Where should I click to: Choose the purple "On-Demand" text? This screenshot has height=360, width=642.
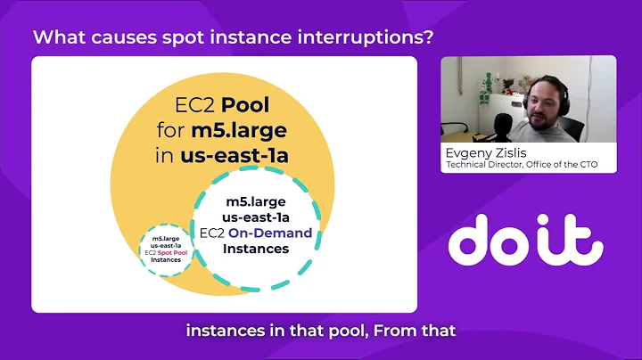click(x=270, y=233)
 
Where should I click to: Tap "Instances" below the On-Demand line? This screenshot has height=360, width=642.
click(x=256, y=249)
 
